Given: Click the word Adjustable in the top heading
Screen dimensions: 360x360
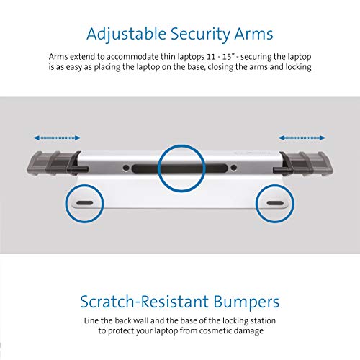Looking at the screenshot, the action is tap(126, 35).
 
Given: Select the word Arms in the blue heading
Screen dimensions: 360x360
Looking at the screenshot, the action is tap(253, 34).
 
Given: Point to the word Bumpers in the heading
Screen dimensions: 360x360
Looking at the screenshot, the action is tap(246, 302).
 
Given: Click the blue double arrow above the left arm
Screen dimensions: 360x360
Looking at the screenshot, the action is tap(57, 138).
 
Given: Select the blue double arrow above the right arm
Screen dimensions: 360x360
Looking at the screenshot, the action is tap(302, 138).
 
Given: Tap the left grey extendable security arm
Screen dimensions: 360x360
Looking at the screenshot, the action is tap(54, 163).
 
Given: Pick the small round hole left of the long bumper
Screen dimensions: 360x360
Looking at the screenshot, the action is tap(125, 168).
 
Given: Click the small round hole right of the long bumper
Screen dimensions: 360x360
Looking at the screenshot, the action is tap(233, 168).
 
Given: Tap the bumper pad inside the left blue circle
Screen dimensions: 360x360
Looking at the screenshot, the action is tap(85, 203).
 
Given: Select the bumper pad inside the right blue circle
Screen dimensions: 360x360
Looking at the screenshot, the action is tap(275, 203).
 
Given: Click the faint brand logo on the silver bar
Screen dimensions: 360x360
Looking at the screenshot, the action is tap(253, 153).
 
